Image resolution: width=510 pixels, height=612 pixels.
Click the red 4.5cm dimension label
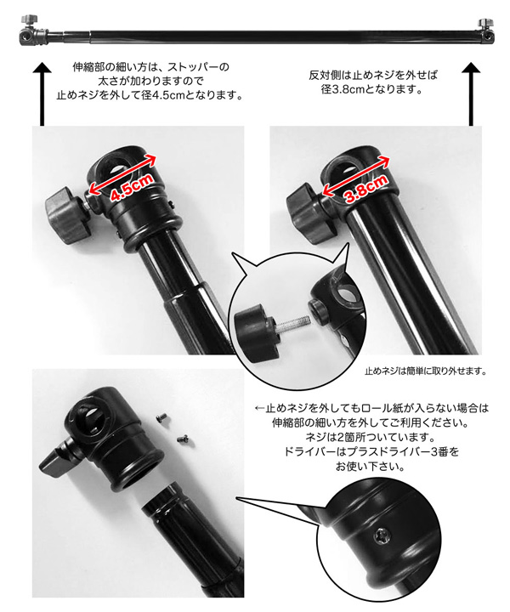[132, 187]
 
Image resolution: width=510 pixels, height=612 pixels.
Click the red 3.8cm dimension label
[366, 189]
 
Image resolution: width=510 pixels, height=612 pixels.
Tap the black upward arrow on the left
[42, 93]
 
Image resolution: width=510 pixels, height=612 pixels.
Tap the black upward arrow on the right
[471, 93]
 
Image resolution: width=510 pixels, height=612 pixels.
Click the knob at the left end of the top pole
[29, 19]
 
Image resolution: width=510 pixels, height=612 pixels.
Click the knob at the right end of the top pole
[484, 22]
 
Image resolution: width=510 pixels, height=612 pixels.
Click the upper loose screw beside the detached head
[161, 418]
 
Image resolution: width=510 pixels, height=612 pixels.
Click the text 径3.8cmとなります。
[372, 89]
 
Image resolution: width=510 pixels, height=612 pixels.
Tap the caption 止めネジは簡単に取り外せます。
[425, 371]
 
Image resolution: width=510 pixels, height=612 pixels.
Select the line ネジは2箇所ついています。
[370, 437]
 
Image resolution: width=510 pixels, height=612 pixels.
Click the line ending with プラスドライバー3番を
[371, 452]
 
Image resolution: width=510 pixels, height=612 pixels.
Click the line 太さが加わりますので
[150, 82]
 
